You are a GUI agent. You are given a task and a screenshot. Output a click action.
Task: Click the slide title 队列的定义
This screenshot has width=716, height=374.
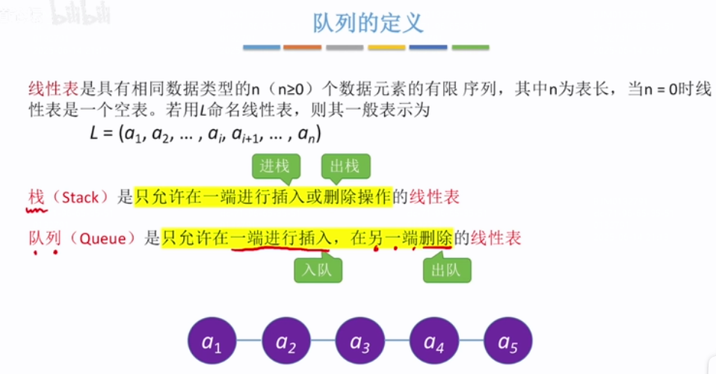[367, 22]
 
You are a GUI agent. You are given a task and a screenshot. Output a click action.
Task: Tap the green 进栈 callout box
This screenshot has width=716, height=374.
[274, 166]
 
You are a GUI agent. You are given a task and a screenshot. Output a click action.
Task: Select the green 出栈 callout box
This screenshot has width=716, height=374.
[345, 166]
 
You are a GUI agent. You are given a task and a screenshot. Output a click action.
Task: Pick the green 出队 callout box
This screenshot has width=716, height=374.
[447, 270]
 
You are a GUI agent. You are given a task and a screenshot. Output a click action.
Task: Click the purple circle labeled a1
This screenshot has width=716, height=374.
[212, 343]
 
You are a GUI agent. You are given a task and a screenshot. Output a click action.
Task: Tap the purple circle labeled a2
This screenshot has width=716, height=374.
[286, 343]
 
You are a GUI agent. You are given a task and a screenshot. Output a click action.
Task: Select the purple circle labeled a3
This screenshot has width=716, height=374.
[359, 343]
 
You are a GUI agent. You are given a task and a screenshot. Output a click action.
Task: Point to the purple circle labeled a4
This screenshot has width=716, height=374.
[433, 343]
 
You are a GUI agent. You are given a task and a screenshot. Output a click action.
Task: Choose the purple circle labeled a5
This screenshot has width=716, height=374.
[507, 343]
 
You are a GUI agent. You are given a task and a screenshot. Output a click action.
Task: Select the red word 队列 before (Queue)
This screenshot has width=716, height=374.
[44, 239]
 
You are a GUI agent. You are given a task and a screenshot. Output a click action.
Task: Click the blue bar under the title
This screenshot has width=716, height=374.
[262, 48]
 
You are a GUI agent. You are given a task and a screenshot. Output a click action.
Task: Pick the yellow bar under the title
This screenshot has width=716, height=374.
[386, 48]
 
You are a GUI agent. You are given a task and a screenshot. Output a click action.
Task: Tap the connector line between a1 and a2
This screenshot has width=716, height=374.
[249, 343]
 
